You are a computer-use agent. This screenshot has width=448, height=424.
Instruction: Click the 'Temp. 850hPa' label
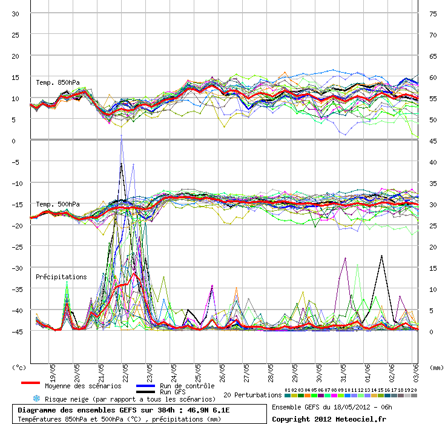point(58,82)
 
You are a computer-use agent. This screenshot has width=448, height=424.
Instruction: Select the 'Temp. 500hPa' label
point(58,204)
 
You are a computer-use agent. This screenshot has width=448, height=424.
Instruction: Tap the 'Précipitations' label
point(61,277)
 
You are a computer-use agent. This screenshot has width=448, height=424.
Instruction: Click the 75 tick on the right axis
point(433,13)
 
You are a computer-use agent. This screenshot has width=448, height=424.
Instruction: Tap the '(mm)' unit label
point(435,367)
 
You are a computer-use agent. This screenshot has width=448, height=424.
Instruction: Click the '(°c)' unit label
point(19,367)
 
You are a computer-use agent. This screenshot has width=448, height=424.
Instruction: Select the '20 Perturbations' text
point(252,395)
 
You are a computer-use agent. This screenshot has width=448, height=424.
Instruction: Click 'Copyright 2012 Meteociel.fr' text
point(329,419)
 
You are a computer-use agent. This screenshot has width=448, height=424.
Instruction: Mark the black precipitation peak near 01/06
point(381,256)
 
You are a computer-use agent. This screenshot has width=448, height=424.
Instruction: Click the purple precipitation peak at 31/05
point(345,258)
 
